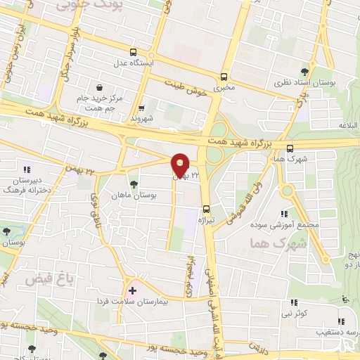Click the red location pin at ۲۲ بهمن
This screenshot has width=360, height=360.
pos(181,165)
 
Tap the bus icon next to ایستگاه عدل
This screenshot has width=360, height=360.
pos(134,51)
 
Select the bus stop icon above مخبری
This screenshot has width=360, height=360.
pos(224,77)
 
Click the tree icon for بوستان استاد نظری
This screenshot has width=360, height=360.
pos(304,72)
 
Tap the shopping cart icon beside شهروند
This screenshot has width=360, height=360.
pos(142,108)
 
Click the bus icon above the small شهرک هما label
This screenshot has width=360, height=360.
pos(290,148)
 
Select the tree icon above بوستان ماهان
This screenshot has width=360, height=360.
pos(134,184)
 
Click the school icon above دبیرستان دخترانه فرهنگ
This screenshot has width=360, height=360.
pos(27,169)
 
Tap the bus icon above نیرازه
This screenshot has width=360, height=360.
pos(206,209)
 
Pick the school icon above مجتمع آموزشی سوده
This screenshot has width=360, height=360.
pos(284,214)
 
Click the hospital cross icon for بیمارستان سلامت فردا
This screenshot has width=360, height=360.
pos(132,290)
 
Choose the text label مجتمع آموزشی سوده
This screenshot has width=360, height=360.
pos(285,225)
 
